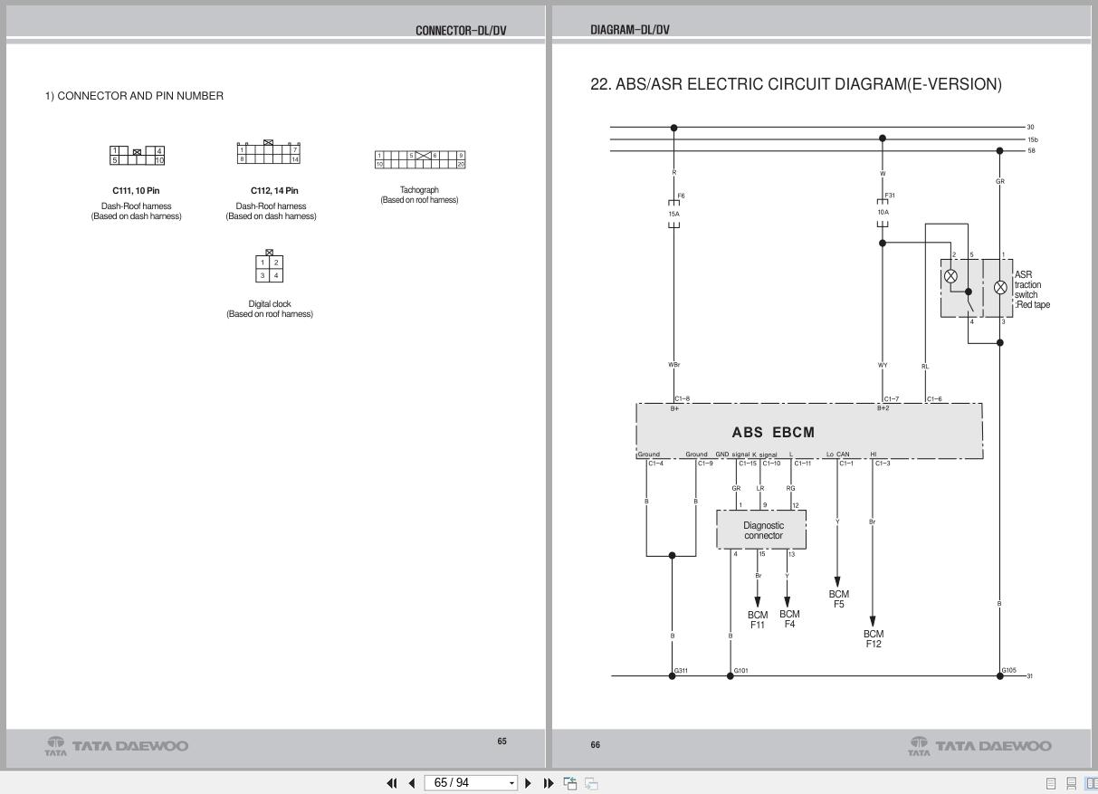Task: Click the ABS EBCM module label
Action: pyautogui.click(x=772, y=433)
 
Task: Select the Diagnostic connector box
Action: pyautogui.click(x=762, y=531)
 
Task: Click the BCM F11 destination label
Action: pyautogui.click(x=757, y=619)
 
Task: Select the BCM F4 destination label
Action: pyautogui.click(x=788, y=619)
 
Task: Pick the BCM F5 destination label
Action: pyautogui.click(x=838, y=599)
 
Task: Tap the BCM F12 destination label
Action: pyautogui.click(x=873, y=638)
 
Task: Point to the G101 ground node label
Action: pyautogui.click(x=740, y=671)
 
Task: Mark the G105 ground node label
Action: pyautogui.click(x=1009, y=671)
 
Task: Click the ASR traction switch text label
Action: pyautogui.click(x=1031, y=290)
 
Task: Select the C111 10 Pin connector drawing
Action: pyautogui.click(x=137, y=156)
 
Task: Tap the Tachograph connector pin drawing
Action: pyautogui.click(x=419, y=159)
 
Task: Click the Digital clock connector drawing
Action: pyautogui.click(x=269, y=268)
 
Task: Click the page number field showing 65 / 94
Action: pyautogui.click(x=468, y=782)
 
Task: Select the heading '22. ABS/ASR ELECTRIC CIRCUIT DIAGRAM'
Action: pyautogui.click(x=796, y=85)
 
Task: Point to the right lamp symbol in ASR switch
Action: pyautogui.click(x=1000, y=287)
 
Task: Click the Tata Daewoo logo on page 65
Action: pyautogui.click(x=117, y=746)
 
